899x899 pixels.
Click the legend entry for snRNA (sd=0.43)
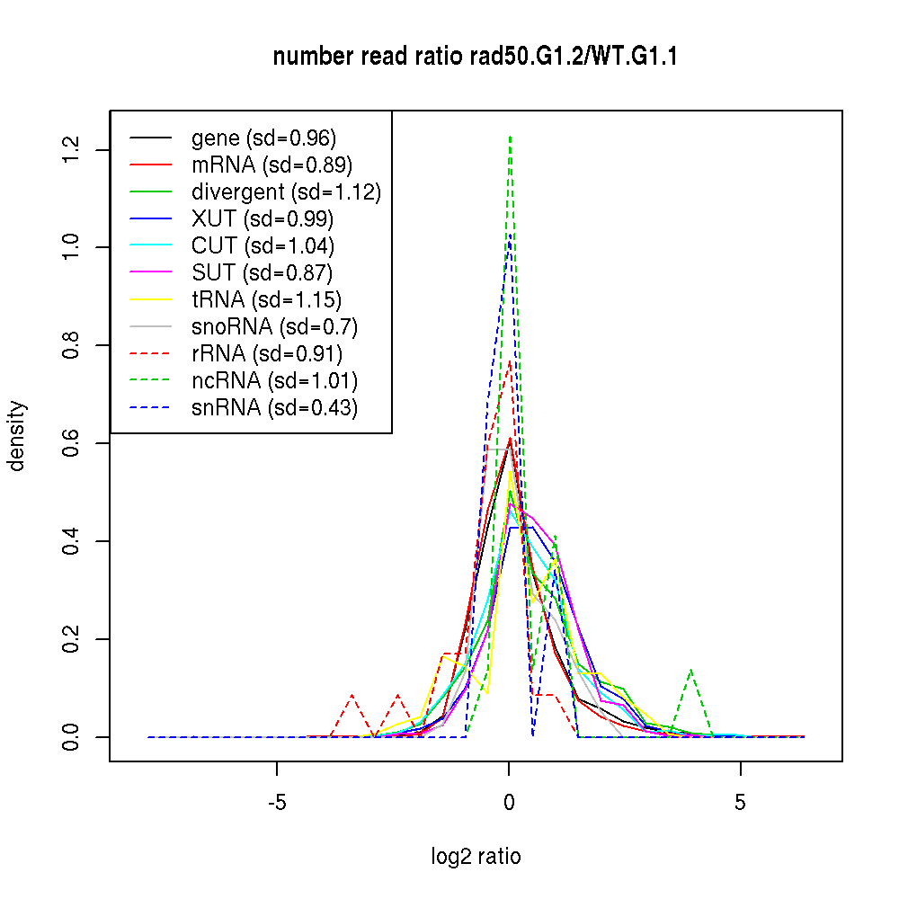(x=274, y=408)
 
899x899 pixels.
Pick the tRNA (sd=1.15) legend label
(x=266, y=300)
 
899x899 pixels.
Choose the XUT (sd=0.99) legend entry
(x=263, y=219)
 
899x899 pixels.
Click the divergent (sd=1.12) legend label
(x=286, y=192)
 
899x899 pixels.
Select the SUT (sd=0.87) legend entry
(x=263, y=273)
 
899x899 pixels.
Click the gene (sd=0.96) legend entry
(x=263, y=138)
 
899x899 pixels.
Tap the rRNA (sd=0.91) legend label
(x=267, y=354)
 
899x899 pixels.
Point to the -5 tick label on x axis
(x=276, y=803)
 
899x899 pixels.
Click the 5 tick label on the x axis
(x=741, y=803)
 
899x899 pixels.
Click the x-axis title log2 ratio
(x=476, y=857)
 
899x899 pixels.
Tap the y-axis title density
(x=17, y=436)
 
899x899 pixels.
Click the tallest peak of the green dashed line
(x=510, y=137)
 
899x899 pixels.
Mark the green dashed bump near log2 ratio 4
(x=690, y=671)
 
